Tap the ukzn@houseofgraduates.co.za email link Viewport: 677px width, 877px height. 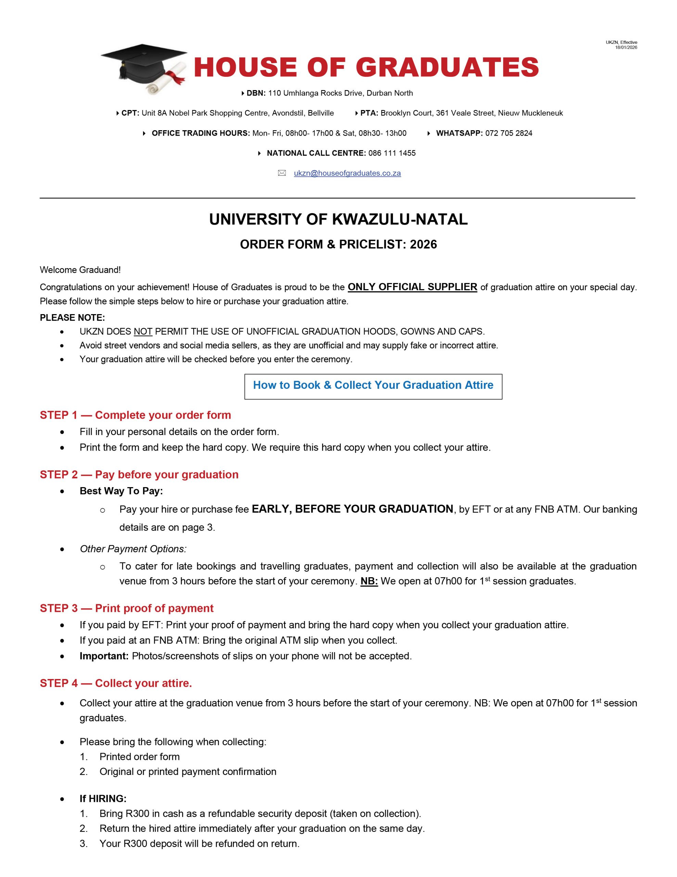point(347,173)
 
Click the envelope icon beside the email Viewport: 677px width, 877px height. point(282,173)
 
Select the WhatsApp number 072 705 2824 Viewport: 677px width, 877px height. point(509,133)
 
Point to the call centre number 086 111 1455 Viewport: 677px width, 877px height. point(392,153)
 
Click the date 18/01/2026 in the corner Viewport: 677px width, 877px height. point(626,47)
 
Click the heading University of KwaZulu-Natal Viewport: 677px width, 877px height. point(338,219)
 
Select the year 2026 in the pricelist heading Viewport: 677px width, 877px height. point(423,244)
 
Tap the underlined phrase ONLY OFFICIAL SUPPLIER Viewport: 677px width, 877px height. point(412,287)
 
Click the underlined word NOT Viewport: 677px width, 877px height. point(143,332)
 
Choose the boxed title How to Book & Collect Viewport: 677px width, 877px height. point(373,385)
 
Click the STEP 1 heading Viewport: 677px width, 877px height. point(135,415)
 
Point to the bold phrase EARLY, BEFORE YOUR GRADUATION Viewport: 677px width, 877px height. point(352,509)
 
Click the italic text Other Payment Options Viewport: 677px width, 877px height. point(133,548)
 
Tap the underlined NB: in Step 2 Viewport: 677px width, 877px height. point(369,581)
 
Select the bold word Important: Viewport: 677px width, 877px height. point(104,656)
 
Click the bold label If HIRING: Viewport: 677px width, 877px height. point(103,798)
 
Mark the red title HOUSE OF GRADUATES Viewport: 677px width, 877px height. point(366,67)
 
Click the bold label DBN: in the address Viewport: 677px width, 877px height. point(256,93)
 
